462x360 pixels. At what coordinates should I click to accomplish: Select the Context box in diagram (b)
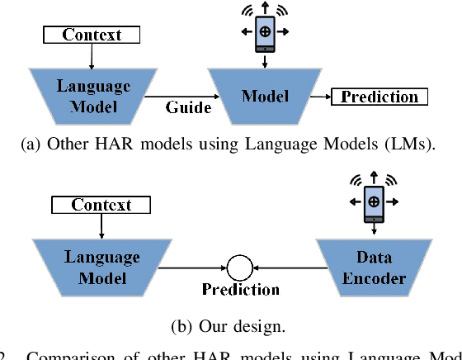(101, 204)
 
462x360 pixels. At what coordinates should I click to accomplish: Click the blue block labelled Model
(265, 97)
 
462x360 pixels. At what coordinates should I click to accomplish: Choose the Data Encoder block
(375, 268)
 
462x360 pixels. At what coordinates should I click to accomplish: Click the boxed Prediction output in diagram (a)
(379, 97)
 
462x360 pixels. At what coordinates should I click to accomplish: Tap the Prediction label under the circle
(241, 290)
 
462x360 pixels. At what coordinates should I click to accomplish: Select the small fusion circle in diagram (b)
(240, 267)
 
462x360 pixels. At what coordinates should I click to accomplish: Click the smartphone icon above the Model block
(265, 31)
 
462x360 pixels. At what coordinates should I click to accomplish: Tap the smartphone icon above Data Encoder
(374, 201)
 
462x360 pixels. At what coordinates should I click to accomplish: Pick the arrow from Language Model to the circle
(197, 267)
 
